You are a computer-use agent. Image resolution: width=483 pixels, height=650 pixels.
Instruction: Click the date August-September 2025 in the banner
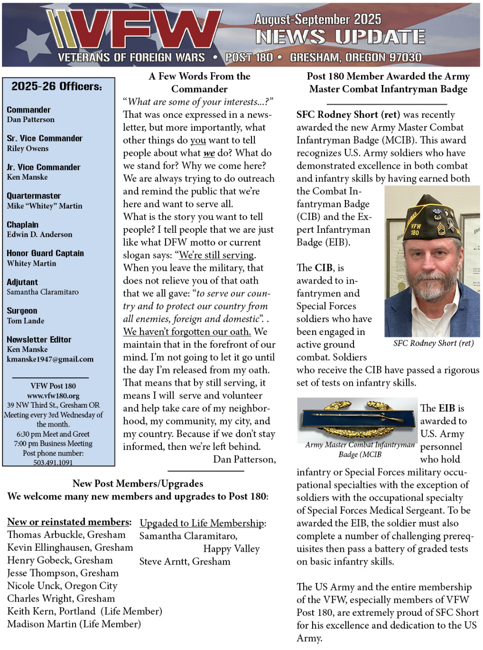pyautogui.click(x=317, y=19)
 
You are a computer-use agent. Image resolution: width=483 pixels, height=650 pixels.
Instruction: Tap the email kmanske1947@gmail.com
pyautogui.click(x=50, y=359)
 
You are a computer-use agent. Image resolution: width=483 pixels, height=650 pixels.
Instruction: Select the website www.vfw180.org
pyautogui.click(x=53, y=396)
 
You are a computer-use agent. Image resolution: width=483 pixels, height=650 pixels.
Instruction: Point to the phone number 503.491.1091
pyautogui.click(x=53, y=462)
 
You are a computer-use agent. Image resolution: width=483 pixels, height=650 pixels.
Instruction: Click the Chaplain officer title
pyautogui.click(x=23, y=225)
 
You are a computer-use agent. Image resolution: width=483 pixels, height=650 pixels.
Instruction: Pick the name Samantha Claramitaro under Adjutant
pyautogui.click(x=43, y=292)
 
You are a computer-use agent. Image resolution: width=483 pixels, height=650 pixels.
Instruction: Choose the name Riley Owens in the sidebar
pyautogui.click(x=28, y=148)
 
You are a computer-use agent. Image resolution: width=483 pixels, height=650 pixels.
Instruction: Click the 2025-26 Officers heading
pyautogui.click(x=57, y=86)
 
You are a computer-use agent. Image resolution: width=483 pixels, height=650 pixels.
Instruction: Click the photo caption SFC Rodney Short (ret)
pyautogui.click(x=433, y=343)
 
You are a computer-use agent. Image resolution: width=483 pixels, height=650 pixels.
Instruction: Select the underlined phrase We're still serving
pyautogui.click(x=217, y=255)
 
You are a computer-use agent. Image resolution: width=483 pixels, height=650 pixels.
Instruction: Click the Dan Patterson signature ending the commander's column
pyautogui.click(x=244, y=459)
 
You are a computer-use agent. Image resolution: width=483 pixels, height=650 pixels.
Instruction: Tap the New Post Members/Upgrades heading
pyautogui.click(x=138, y=484)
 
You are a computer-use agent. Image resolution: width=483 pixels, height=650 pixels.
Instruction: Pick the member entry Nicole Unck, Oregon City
pyautogui.click(x=62, y=586)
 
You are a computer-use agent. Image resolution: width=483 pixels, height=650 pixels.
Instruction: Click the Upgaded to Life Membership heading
pyautogui.click(x=203, y=523)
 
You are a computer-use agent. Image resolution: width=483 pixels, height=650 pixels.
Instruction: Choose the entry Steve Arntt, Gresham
pyautogui.click(x=185, y=562)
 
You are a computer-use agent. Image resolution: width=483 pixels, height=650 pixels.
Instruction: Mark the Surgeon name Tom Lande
pyautogui.click(x=26, y=321)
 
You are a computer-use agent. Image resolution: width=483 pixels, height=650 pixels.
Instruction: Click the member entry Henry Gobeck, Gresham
pyautogui.click(x=60, y=560)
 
